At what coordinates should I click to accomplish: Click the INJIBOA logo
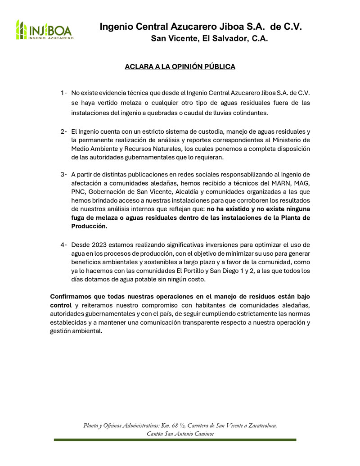[44, 30]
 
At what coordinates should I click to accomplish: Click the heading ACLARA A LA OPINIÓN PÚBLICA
[180, 67]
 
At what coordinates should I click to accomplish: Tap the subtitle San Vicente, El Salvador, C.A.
[209, 39]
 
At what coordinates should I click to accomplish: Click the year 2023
[100, 244]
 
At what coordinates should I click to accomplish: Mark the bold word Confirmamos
[72, 297]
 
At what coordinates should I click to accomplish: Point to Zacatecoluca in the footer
[258, 425]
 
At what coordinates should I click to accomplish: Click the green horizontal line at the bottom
[175, 439]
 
